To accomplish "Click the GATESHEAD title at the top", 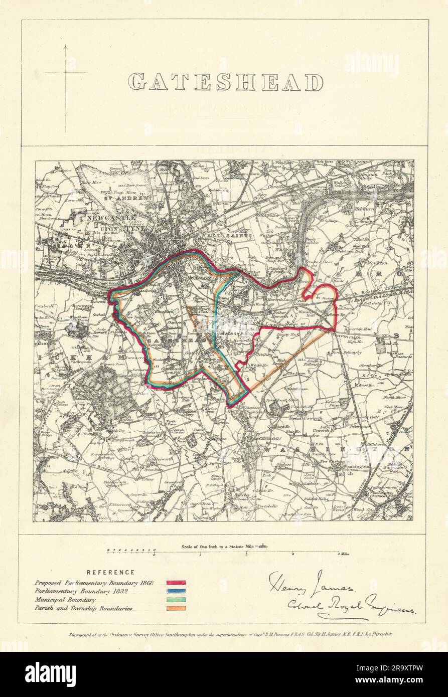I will tap(225, 82).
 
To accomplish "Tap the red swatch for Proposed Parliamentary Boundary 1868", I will tap(177, 583).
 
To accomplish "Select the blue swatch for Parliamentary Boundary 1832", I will tap(177, 591).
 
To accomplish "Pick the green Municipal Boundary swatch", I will tap(177, 599).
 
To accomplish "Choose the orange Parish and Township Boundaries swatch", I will tap(177, 608).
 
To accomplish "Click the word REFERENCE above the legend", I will tap(110, 572).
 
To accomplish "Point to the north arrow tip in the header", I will tap(66, 46).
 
